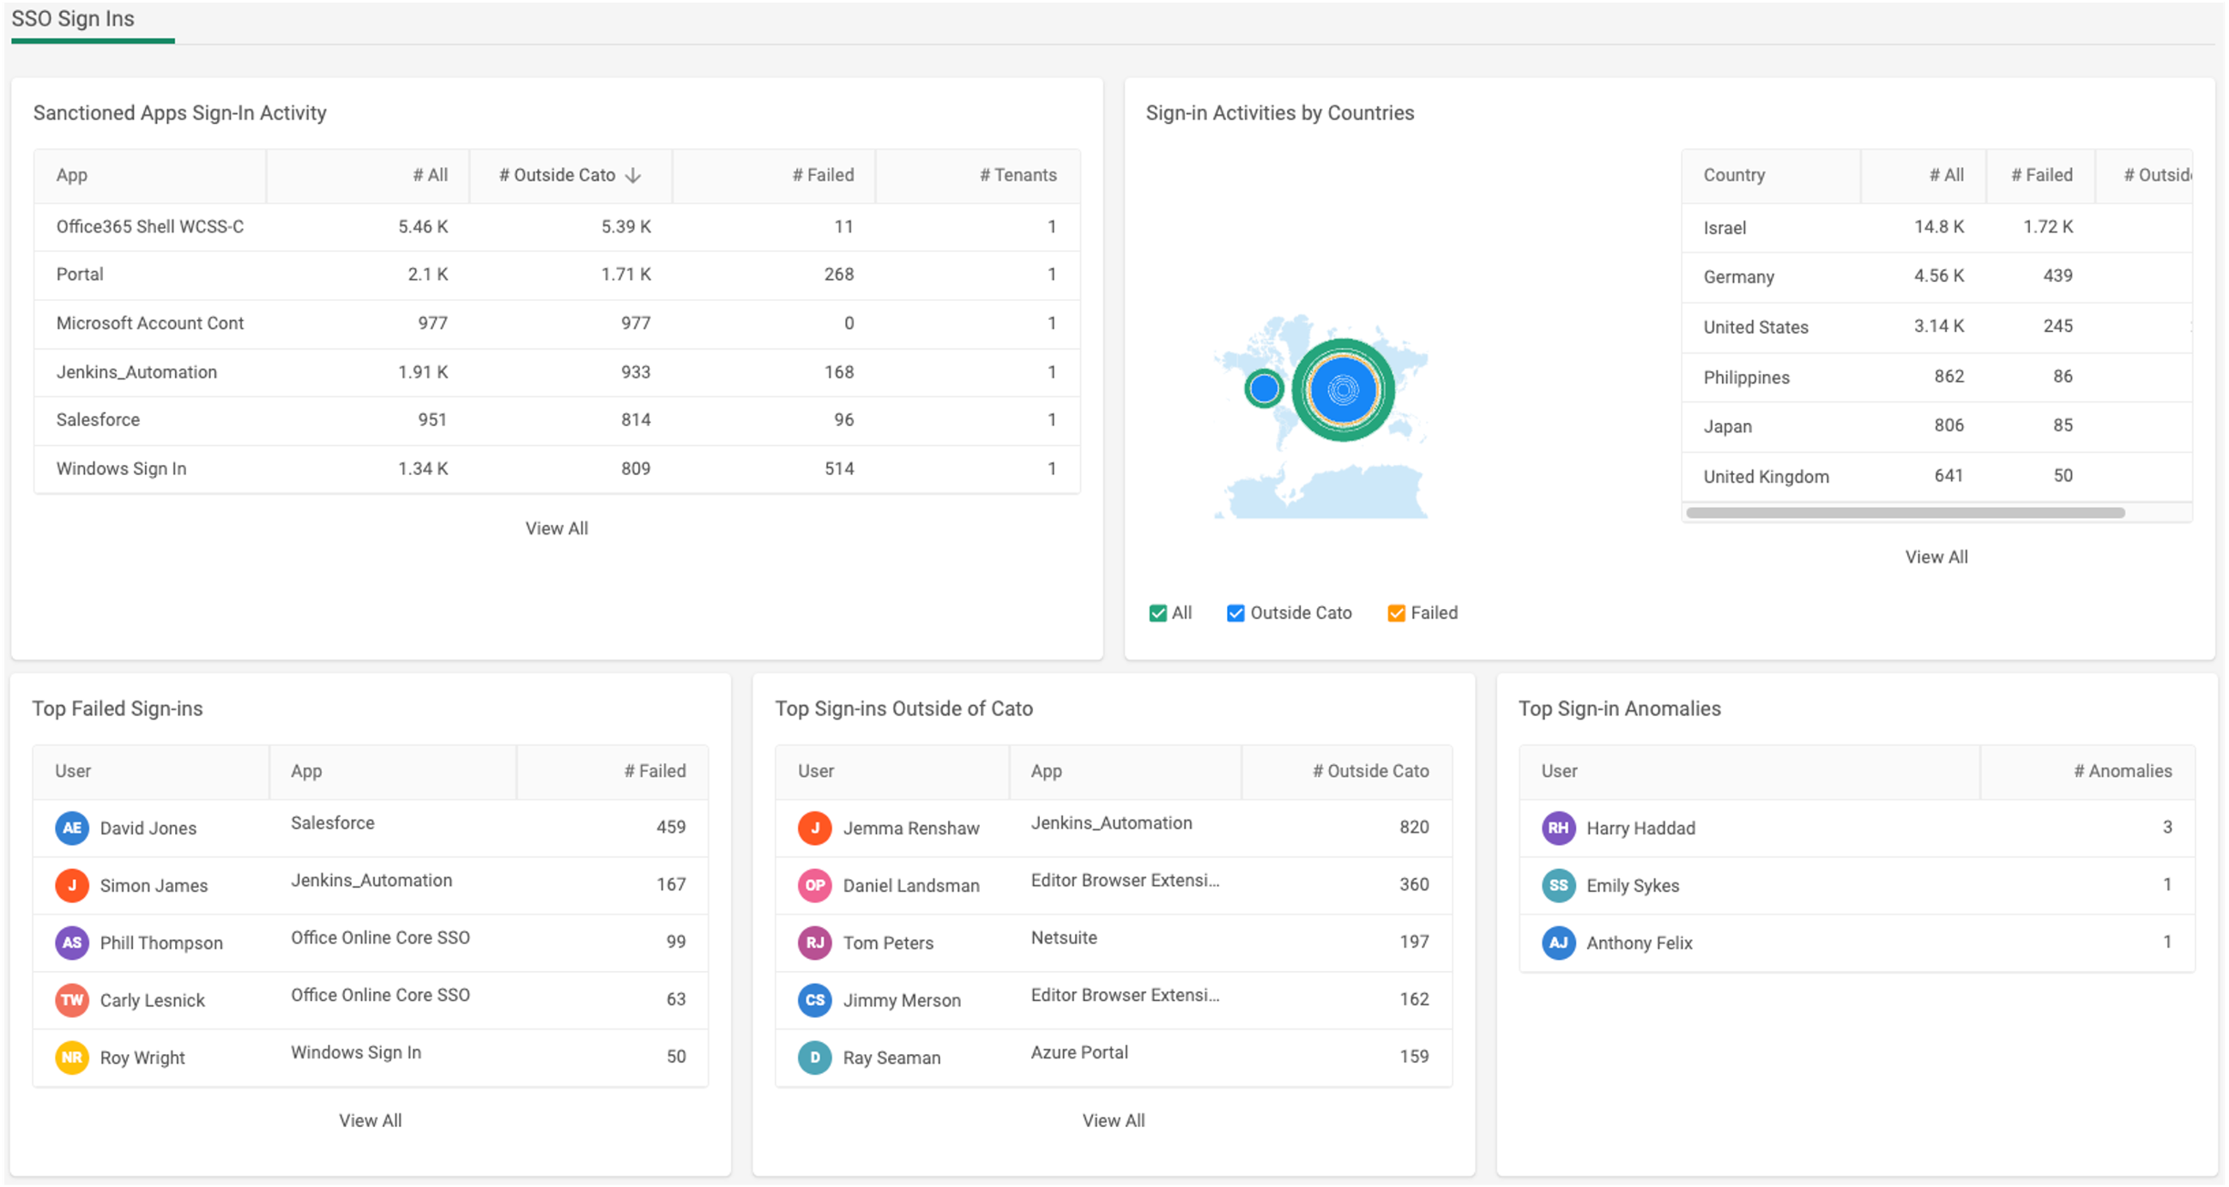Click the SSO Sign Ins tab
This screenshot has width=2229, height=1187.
tap(73, 19)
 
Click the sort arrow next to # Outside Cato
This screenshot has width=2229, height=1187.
tap(633, 176)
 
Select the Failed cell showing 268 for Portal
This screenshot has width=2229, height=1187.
tap(838, 274)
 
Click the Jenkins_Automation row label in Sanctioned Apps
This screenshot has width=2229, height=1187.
tap(136, 372)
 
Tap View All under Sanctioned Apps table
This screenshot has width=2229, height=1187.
tap(556, 528)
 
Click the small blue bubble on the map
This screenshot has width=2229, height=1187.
tap(1264, 389)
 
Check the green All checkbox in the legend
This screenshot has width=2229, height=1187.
tap(1157, 613)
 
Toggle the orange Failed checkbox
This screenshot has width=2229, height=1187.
tap(1396, 613)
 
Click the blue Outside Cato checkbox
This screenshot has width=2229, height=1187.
tap(1235, 613)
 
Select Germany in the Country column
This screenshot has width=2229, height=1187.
tap(1738, 277)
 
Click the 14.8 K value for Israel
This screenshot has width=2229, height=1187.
tap(1938, 226)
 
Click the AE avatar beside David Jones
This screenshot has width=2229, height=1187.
tap(72, 828)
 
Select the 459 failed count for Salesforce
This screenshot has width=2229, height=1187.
tap(671, 827)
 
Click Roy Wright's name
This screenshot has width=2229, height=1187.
tap(142, 1057)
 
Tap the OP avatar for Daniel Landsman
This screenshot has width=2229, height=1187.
tap(814, 885)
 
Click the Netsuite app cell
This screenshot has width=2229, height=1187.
tap(1063, 937)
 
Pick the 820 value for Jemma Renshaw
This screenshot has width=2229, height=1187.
tap(1414, 827)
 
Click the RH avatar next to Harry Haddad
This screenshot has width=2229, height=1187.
tap(1558, 828)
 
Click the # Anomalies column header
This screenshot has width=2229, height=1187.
tap(2122, 771)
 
